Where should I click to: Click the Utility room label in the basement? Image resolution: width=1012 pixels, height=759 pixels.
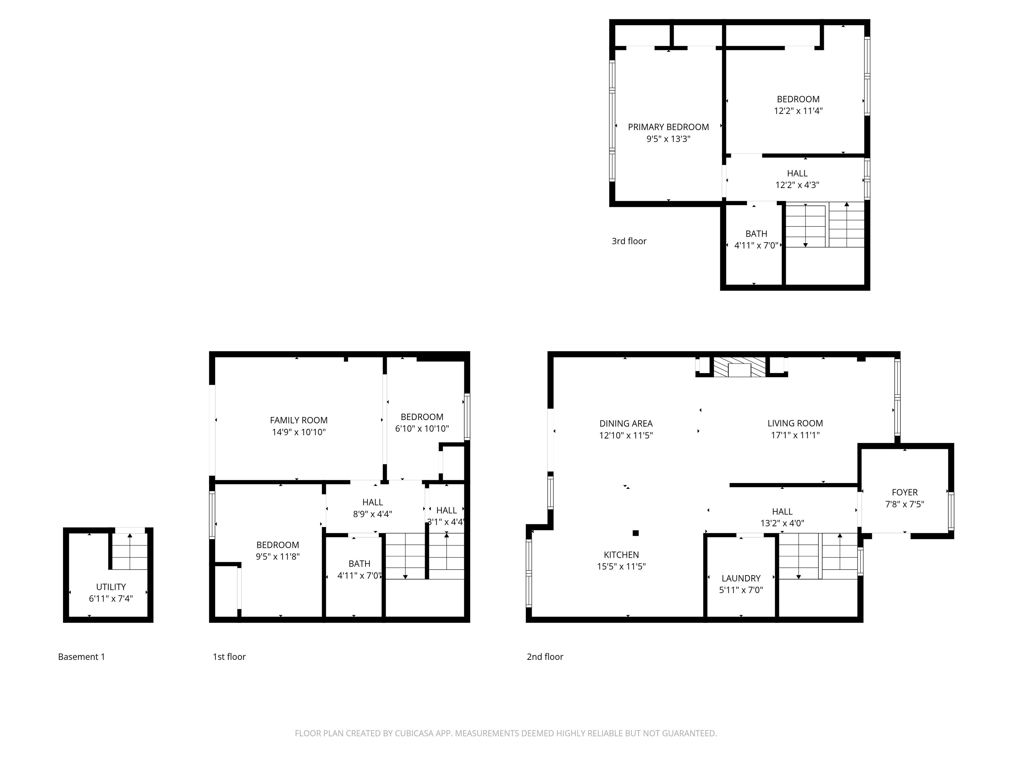(x=111, y=586)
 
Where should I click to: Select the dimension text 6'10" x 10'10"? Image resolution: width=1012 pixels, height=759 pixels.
(x=422, y=429)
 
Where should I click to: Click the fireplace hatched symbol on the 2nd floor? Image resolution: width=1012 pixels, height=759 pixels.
(x=740, y=367)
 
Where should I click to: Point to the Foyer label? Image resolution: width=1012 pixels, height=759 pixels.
(x=905, y=492)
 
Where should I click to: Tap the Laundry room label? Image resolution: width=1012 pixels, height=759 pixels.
(x=741, y=578)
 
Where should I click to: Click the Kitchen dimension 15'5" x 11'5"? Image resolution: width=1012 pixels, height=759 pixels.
(x=621, y=566)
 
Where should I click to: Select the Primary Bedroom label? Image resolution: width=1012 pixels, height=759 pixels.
(x=668, y=127)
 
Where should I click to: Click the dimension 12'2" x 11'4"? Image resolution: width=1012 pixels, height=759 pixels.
(x=798, y=111)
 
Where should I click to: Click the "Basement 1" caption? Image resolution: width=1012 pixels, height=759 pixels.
(x=81, y=657)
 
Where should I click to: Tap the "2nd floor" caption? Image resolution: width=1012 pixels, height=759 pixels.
(x=545, y=657)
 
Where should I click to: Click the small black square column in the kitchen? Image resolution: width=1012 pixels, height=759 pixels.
(x=635, y=533)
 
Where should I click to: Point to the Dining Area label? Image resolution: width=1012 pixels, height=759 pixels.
(x=626, y=424)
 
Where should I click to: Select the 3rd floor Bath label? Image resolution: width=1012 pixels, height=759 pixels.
(x=756, y=234)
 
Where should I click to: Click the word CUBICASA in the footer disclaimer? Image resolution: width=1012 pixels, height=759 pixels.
(x=413, y=733)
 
